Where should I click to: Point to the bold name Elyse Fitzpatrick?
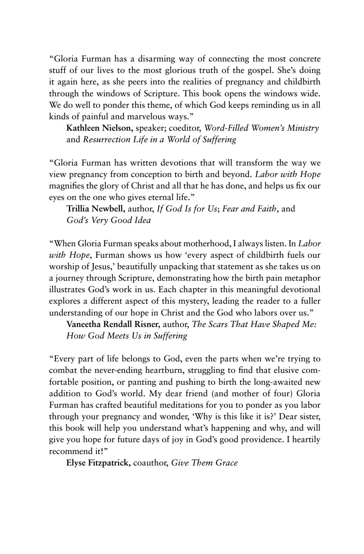(99, 463)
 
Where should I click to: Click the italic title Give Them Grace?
(204, 463)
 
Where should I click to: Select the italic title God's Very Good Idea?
(109, 220)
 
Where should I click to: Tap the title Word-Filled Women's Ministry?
(261, 128)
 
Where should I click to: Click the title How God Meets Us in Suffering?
(127, 336)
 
